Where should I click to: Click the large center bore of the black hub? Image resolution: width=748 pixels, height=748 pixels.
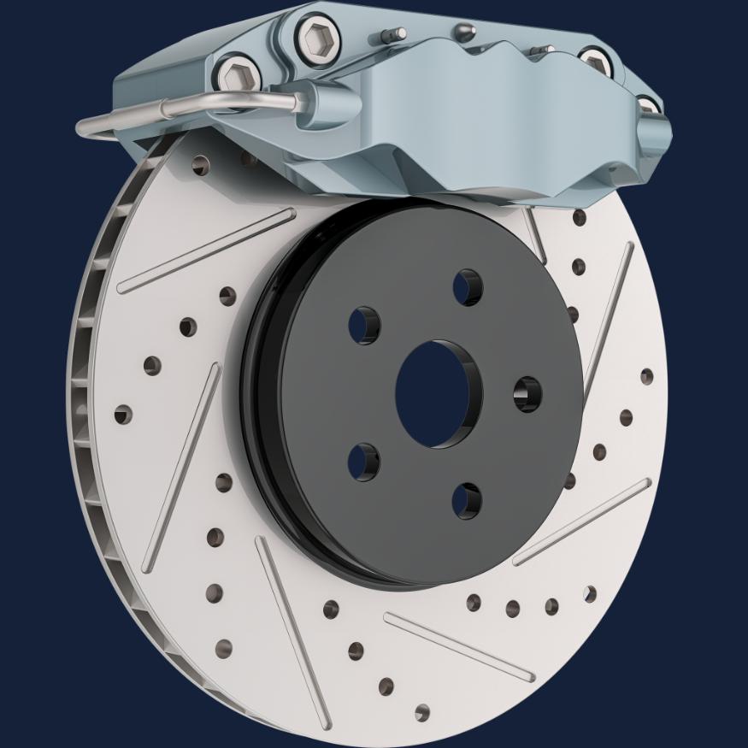(x=438, y=394)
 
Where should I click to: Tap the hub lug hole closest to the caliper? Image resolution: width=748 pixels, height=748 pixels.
(x=468, y=287)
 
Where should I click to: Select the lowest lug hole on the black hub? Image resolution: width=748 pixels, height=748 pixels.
(x=467, y=500)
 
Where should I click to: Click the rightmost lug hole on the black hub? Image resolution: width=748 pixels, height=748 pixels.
(x=527, y=393)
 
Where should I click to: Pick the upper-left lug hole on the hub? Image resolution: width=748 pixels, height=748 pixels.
(x=364, y=326)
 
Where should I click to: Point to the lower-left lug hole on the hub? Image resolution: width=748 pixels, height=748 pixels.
(x=364, y=462)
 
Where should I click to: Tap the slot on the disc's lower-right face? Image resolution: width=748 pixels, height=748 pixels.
(x=581, y=521)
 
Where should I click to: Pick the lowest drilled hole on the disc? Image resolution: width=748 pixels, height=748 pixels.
(x=422, y=712)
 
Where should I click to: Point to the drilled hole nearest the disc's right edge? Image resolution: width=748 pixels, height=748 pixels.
(x=646, y=377)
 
